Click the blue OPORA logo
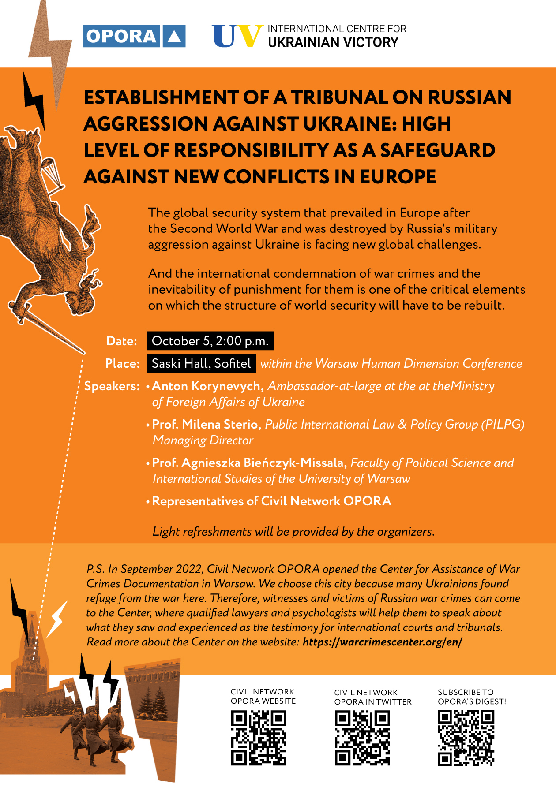[134, 36]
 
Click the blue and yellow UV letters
[237, 36]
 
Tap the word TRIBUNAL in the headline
[339, 97]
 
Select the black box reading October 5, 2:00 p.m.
[210, 341]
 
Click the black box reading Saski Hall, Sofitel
[201, 363]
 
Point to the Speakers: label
[112, 386]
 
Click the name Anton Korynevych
[206, 386]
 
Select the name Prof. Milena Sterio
[205, 424]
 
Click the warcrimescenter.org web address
[382, 642]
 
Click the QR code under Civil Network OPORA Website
[259, 738]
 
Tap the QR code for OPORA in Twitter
[362, 738]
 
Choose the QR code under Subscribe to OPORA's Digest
[466, 738]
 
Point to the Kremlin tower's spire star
[31, 615]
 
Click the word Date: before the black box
[122, 341]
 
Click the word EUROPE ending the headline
[398, 177]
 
